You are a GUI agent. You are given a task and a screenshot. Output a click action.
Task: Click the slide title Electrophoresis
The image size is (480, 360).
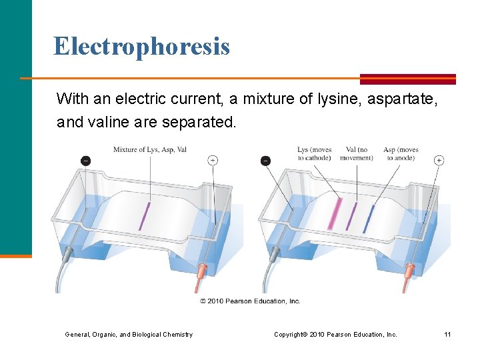(x=141, y=46)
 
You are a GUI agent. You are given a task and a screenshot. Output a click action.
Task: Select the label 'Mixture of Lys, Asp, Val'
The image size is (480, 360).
(x=149, y=149)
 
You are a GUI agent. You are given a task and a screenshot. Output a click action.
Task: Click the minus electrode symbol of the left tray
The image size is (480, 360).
(x=85, y=161)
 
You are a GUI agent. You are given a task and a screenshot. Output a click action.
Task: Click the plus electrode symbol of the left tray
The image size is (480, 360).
(x=213, y=160)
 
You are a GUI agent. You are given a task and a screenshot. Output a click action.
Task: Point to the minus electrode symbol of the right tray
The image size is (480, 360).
(x=265, y=161)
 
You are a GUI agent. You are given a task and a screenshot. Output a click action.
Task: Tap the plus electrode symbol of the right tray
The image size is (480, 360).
(x=439, y=160)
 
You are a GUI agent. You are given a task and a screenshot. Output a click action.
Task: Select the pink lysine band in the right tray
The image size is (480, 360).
(x=335, y=214)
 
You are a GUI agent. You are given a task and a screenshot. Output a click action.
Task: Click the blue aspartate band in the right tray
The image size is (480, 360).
(x=368, y=218)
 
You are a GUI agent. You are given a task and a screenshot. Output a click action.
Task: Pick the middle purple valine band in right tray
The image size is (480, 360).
(x=351, y=216)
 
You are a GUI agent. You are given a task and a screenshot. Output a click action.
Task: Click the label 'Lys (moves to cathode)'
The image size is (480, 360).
(x=314, y=153)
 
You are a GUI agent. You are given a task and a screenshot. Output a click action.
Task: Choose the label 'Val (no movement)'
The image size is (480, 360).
(x=356, y=153)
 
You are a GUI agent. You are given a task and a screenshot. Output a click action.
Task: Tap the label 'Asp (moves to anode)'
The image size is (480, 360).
(x=401, y=153)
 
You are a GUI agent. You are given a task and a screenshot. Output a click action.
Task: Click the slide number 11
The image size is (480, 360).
(x=447, y=334)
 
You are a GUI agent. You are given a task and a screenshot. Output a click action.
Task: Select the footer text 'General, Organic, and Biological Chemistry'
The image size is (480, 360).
(x=129, y=334)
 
